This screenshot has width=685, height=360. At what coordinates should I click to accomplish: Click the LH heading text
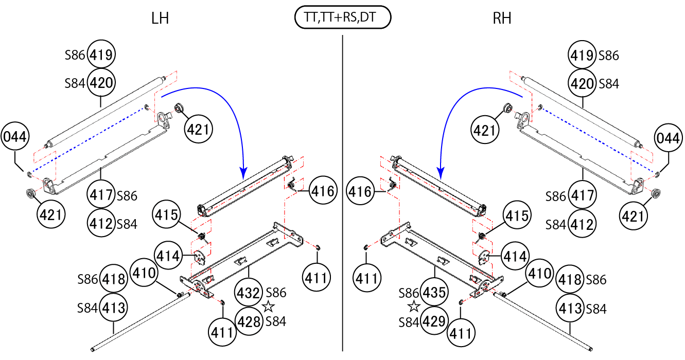[x=160, y=19]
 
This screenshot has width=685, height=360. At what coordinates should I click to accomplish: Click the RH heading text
[x=502, y=19]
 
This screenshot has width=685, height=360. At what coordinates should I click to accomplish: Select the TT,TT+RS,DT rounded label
[x=343, y=18]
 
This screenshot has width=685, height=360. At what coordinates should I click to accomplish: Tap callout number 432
[x=249, y=293]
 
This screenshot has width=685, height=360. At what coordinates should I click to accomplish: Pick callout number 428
[x=249, y=321]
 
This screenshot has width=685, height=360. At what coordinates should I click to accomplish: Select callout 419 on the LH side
[x=101, y=55]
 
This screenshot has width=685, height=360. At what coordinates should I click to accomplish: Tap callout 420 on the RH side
[x=583, y=83]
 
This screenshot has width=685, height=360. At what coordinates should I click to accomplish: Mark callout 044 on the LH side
[x=15, y=137]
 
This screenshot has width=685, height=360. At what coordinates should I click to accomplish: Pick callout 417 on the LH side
[x=101, y=195]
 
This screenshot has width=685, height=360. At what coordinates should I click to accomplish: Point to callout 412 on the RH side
[x=583, y=224]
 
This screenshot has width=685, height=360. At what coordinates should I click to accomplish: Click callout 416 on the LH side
[x=323, y=192]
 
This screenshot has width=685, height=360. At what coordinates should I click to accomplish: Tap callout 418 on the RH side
[x=570, y=280]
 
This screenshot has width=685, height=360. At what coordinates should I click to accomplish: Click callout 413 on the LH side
[x=113, y=308]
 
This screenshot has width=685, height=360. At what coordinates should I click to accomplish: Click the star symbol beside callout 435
[x=413, y=307]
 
